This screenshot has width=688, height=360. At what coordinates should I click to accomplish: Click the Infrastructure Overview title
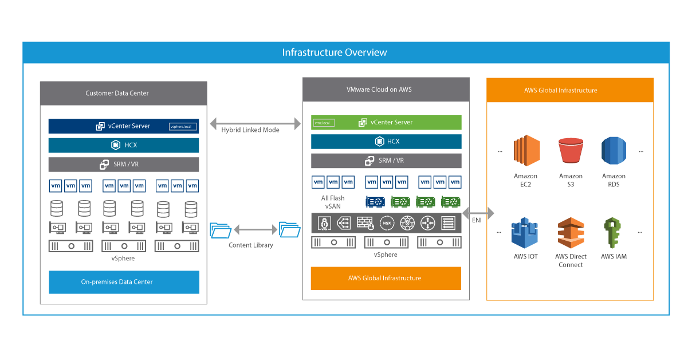point(335,53)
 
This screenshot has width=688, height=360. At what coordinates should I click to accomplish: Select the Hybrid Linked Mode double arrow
point(255,123)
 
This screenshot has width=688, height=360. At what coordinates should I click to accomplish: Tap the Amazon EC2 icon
point(526,151)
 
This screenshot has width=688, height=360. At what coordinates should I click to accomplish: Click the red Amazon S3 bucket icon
point(571,151)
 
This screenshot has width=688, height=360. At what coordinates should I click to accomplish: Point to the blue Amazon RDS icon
point(614,151)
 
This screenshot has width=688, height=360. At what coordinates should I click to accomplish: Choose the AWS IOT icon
point(525,233)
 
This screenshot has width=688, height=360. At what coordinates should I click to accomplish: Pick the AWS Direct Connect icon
point(571,233)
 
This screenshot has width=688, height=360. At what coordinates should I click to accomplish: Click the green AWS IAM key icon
point(613,233)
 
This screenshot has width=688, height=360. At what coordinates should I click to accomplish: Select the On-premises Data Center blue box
point(124,282)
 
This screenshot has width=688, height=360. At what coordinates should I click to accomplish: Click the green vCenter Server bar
point(386,122)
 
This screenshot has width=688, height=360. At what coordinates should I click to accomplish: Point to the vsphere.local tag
point(183,127)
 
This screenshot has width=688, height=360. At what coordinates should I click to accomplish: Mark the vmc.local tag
point(323,123)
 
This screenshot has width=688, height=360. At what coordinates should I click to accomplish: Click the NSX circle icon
point(386,222)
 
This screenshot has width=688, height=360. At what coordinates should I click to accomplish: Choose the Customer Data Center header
point(124,93)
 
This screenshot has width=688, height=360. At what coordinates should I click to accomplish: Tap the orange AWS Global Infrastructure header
point(569,90)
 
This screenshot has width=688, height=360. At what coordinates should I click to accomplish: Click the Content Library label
point(251,245)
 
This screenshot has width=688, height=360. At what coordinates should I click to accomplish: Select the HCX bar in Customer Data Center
point(124,145)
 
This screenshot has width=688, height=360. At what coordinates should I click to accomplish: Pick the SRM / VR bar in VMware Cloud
point(386,161)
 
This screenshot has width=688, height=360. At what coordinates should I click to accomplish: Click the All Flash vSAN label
point(333,202)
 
